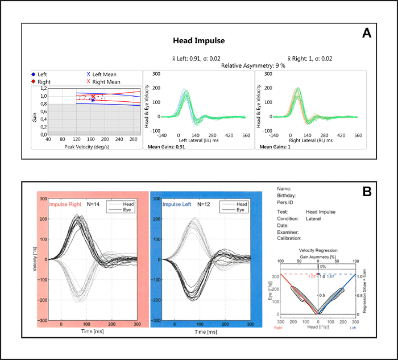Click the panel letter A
(x=367, y=34)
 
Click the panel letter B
(x=367, y=191)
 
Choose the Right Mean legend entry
(x=102, y=82)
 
